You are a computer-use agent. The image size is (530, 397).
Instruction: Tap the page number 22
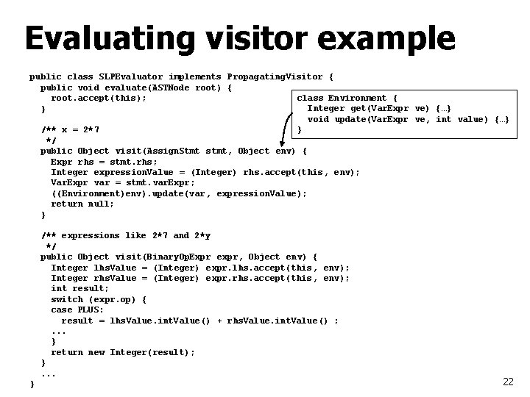(x=507, y=382)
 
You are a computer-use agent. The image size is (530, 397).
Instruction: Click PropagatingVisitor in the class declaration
(x=275, y=76)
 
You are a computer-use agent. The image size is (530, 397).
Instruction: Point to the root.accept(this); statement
(x=98, y=98)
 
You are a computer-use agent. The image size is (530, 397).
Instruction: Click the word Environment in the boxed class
(x=358, y=98)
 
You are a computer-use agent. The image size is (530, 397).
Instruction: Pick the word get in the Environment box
(x=363, y=109)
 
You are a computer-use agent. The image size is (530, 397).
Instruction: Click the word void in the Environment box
(x=318, y=119)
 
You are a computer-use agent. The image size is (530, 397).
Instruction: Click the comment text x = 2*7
(x=79, y=129)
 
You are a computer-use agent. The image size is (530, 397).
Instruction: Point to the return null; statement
(x=82, y=204)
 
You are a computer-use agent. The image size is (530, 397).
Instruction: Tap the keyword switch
(x=66, y=299)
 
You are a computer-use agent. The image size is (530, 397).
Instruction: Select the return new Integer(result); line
(x=122, y=353)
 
